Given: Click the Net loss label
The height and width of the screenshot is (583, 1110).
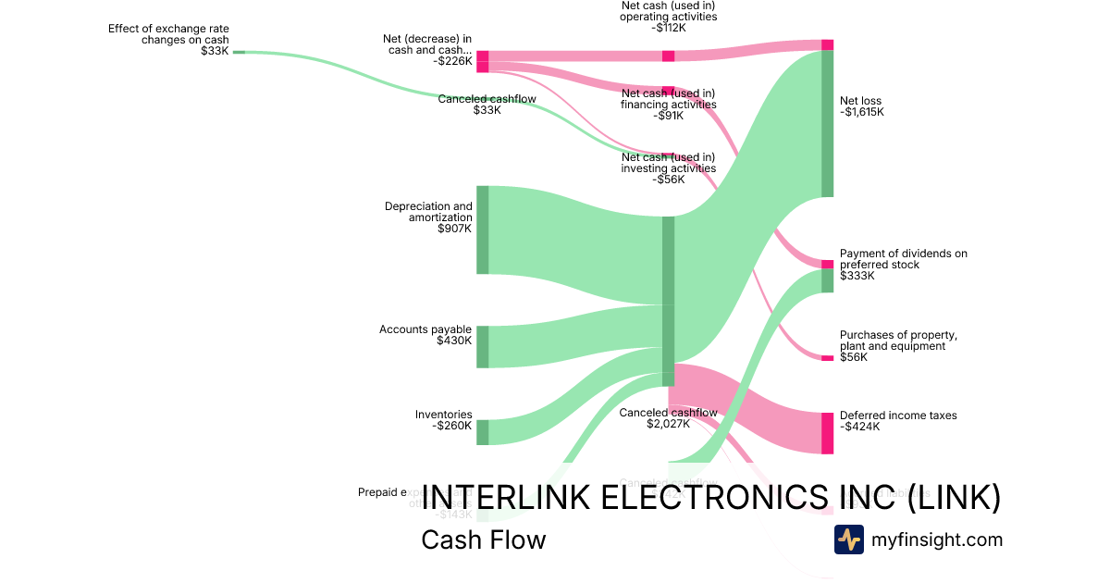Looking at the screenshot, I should click(860, 101).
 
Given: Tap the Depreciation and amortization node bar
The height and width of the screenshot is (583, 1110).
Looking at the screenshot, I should click(482, 229).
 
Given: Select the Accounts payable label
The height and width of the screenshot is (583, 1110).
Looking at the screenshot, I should click(425, 329).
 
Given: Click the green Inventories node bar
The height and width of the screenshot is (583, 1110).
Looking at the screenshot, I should click(482, 432).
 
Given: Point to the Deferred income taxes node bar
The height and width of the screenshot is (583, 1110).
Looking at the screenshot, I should click(827, 433).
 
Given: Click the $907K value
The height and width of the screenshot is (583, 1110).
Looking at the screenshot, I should click(454, 229).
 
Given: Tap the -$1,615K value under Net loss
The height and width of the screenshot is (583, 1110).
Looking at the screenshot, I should click(862, 113).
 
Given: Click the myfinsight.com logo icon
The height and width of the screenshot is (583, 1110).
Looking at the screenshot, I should click(848, 540).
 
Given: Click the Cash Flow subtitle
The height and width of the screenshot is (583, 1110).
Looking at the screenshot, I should click(483, 540).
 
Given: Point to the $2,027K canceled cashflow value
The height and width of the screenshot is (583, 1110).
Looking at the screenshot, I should click(668, 425).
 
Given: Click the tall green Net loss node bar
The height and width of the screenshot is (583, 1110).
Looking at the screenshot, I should click(827, 123).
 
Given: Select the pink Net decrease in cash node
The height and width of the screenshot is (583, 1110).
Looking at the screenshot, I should click(482, 61).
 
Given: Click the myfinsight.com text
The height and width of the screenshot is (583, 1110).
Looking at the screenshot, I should click(936, 540).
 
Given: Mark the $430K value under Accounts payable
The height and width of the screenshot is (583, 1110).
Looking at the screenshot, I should click(454, 341).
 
